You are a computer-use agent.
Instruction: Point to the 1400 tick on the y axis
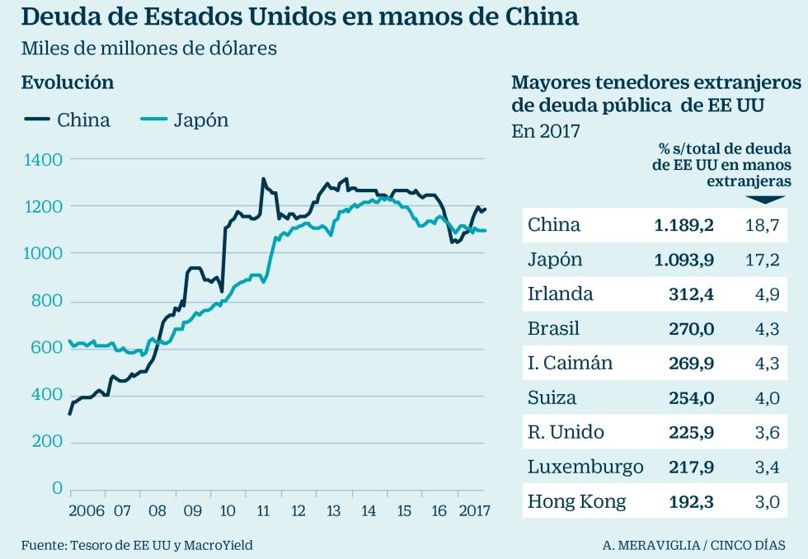pyautogui.click(x=42, y=159)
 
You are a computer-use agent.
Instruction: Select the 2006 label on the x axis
pyautogui.click(x=87, y=510)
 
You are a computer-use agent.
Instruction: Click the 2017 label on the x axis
pyautogui.click(x=472, y=510)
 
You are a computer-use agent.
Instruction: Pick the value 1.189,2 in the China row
pyautogui.click(x=684, y=225)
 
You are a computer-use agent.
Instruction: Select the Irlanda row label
pyautogui.click(x=560, y=294)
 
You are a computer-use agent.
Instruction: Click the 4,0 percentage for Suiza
pyautogui.click(x=767, y=397)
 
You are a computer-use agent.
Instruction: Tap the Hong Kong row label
pyautogui.click(x=576, y=501)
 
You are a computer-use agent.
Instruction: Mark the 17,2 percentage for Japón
pyautogui.click(x=763, y=260)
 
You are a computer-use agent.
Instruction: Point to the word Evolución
pyautogui.click(x=68, y=82)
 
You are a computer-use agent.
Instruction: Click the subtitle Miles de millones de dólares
pyautogui.click(x=149, y=49)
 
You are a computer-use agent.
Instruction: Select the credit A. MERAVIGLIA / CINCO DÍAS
pyautogui.click(x=693, y=545)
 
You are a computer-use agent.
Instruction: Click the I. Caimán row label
pyautogui.click(x=570, y=363)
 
